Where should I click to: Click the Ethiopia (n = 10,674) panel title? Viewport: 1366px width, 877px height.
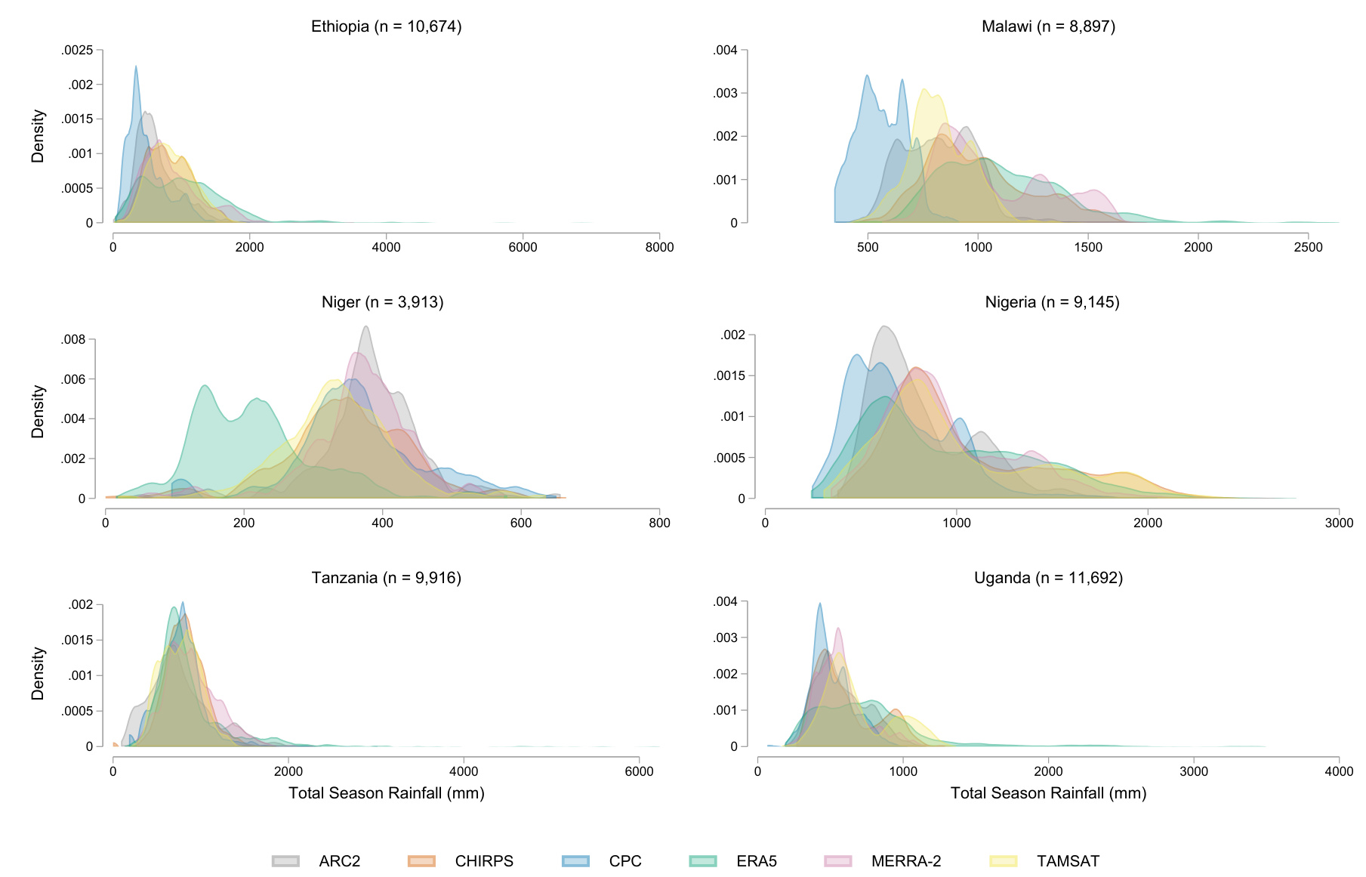click(x=386, y=26)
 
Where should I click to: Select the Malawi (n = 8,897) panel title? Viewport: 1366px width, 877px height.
click(x=1048, y=26)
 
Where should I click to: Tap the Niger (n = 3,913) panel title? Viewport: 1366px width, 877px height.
click(x=382, y=302)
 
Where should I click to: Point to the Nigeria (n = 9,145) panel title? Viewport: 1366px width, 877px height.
click(x=1052, y=302)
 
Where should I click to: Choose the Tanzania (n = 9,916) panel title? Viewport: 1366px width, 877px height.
click(x=386, y=578)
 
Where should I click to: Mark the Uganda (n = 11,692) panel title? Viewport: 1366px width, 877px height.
click(x=1048, y=578)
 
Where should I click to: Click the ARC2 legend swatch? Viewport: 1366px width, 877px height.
click(x=286, y=861)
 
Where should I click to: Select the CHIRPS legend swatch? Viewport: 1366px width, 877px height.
click(x=421, y=861)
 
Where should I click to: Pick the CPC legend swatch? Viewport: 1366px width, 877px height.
click(x=575, y=861)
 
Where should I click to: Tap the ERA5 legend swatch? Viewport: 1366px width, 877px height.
click(x=703, y=861)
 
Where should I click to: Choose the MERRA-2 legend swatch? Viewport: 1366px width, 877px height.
click(x=837, y=861)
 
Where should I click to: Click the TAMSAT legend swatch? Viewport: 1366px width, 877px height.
click(x=1004, y=861)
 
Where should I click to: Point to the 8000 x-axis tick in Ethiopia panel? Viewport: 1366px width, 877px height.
click(x=659, y=247)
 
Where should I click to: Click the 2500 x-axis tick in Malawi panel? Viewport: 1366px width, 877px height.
click(x=1308, y=247)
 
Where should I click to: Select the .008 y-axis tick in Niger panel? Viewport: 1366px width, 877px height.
click(x=74, y=340)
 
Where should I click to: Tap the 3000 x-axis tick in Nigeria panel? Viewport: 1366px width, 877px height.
click(x=1339, y=523)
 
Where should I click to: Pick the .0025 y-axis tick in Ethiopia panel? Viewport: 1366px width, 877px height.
click(x=78, y=51)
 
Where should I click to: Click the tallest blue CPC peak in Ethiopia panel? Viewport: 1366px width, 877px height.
click(x=136, y=67)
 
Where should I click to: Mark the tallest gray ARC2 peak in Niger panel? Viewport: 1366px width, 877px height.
click(x=366, y=327)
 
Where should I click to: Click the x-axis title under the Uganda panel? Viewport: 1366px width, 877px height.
click(x=1048, y=793)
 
